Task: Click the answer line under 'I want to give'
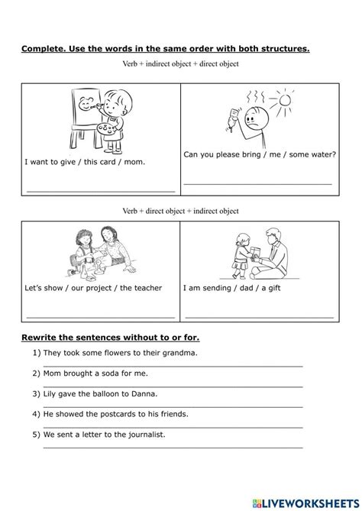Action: [101, 190]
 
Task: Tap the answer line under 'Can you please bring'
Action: [258, 183]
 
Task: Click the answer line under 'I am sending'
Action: [260, 316]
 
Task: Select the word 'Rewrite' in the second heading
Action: [44, 337]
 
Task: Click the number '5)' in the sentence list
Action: [37, 434]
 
